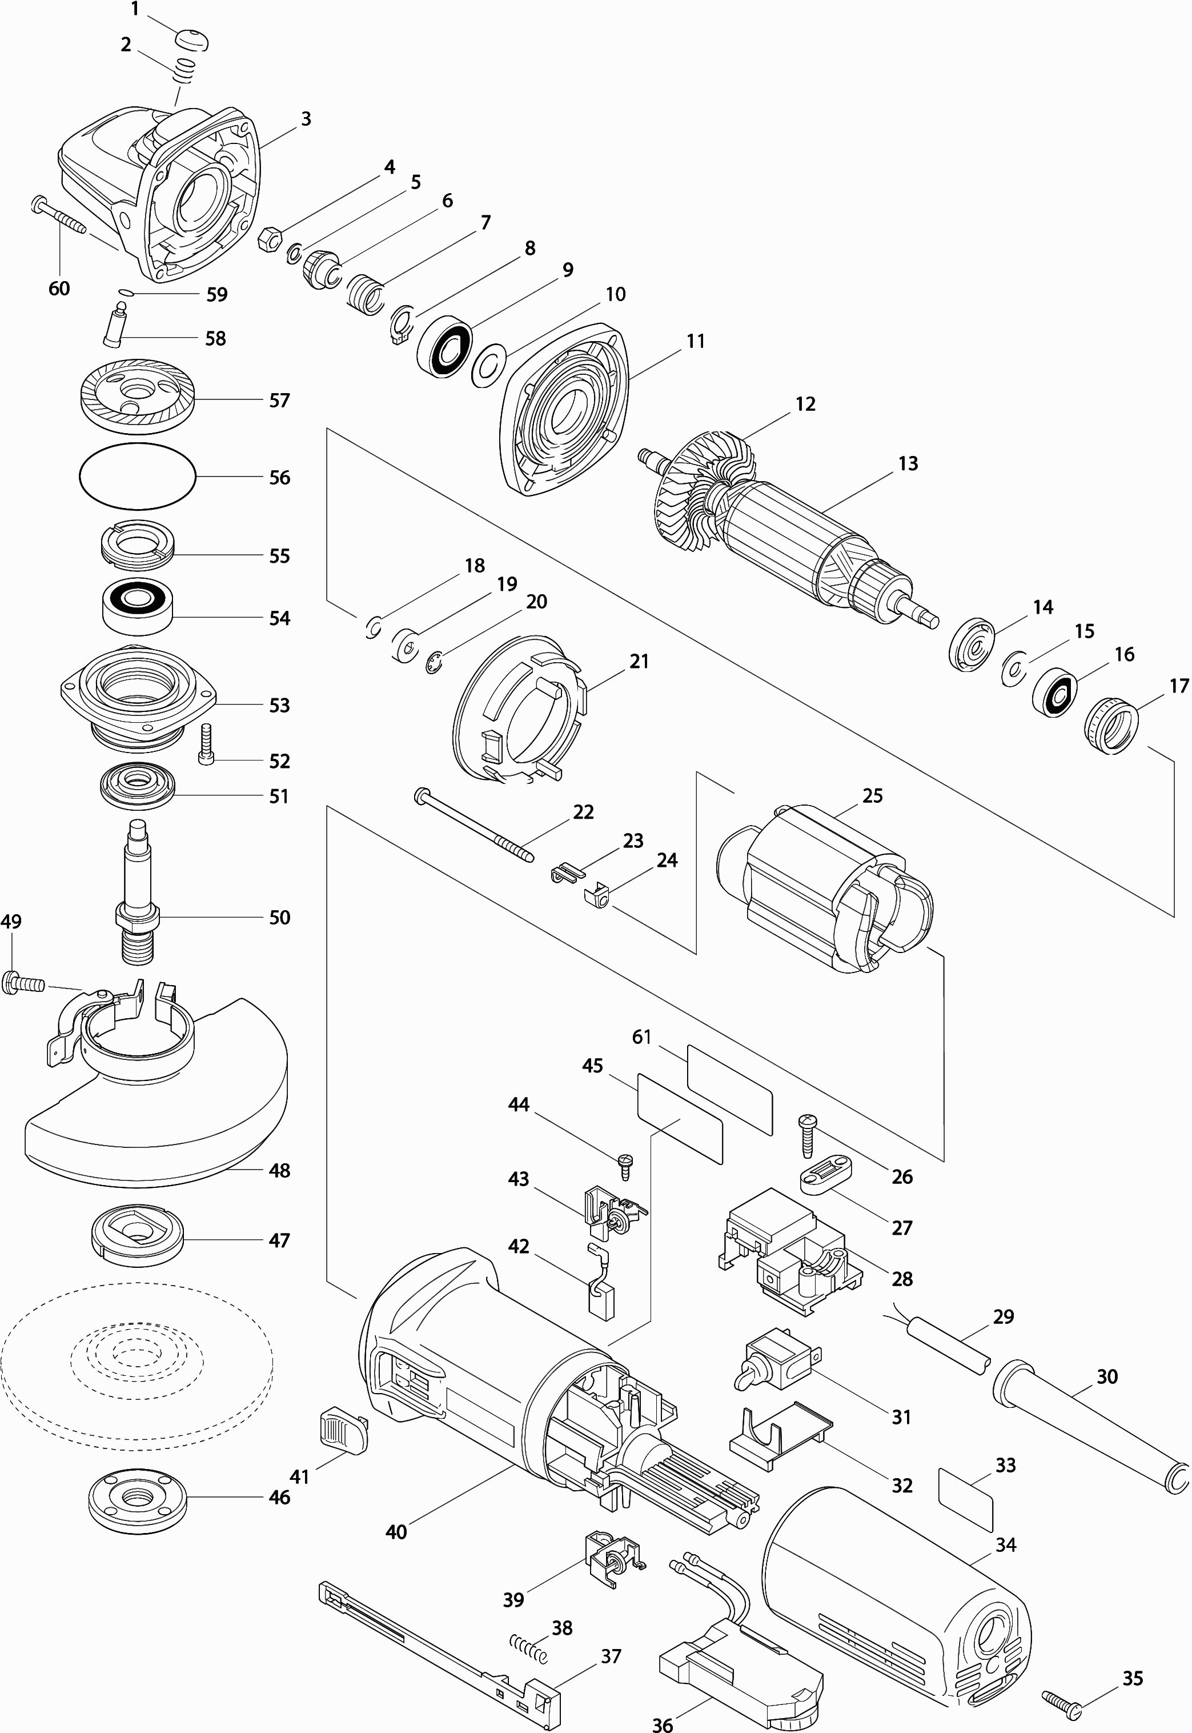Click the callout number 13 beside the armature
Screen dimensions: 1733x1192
(908, 464)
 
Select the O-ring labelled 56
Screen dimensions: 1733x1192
(138, 477)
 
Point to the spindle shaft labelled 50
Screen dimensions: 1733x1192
(138, 889)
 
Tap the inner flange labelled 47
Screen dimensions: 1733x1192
(138, 1240)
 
